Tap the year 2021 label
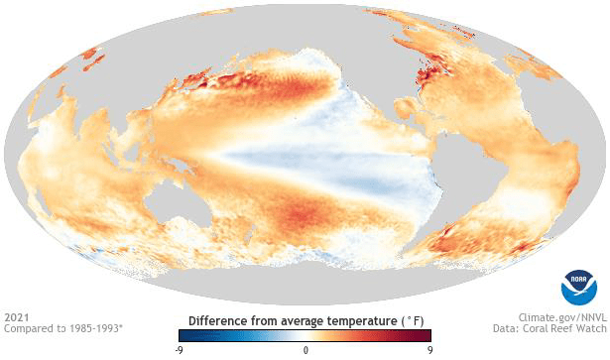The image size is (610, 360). (x=16, y=318)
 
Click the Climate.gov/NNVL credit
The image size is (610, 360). (x=554, y=318)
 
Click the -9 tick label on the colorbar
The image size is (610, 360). (x=178, y=350)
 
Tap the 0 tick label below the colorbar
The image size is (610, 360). (x=305, y=350)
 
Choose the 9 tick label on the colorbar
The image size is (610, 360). (x=429, y=350)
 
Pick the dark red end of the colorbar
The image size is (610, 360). (x=427, y=336)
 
